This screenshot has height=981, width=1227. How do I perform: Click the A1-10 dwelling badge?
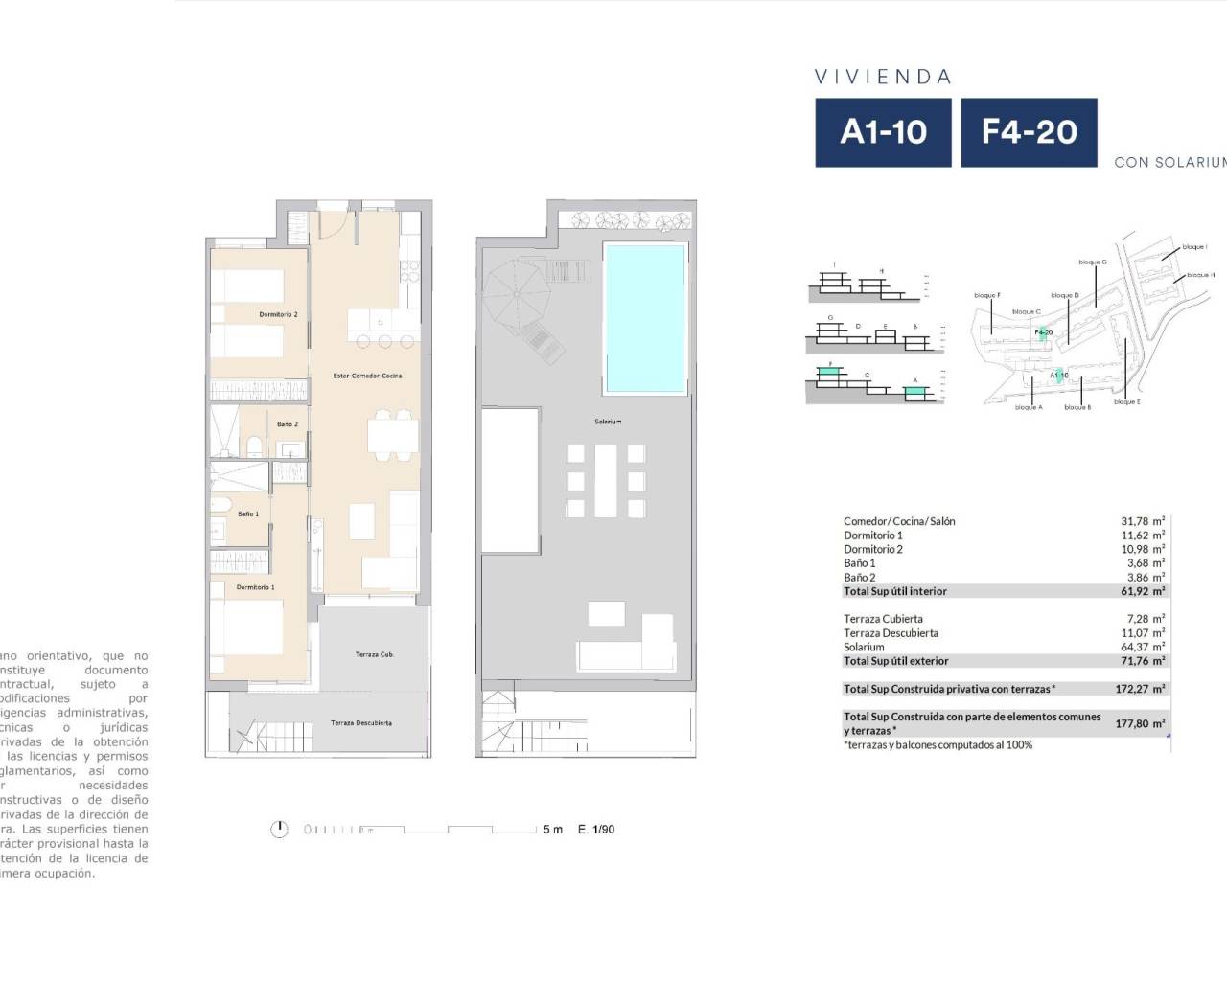point(883,132)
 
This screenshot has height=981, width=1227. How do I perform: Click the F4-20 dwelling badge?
point(1029,132)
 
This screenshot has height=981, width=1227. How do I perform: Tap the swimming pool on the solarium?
point(644,318)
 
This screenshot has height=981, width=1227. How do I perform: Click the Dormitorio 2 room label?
point(278,314)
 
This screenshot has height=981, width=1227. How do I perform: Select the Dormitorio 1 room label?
point(255,587)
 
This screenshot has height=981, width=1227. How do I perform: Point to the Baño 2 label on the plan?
point(287,423)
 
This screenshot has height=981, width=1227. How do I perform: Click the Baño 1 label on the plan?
point(247,514)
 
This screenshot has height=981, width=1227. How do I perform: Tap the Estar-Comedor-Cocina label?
point(367,376)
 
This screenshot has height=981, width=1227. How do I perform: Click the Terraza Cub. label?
point(374,654)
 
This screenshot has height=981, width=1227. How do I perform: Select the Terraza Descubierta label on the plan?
point(360,723)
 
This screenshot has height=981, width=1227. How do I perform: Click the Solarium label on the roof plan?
point(608,422)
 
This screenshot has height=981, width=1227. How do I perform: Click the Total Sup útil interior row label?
point(895,591)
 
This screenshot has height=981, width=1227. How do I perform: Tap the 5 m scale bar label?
point(553,830)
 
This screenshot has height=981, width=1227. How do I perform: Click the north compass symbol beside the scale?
point(279,830)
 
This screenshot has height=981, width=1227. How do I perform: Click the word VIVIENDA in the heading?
point(882,78)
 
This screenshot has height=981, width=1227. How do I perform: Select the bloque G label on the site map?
point(1092,262)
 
